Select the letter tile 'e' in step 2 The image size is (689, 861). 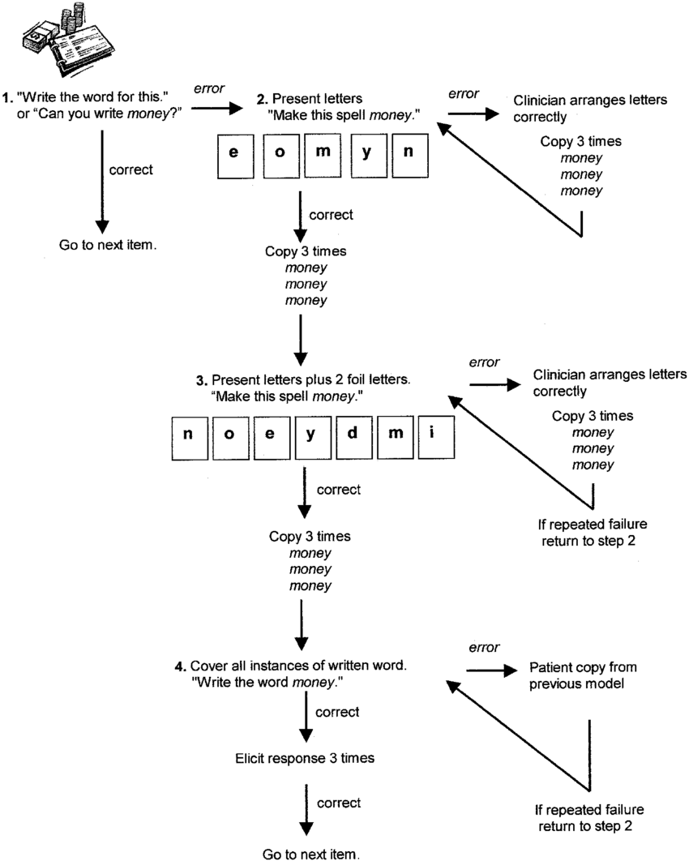click(x=233, y=155)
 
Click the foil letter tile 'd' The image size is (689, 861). click(x=352, y=433)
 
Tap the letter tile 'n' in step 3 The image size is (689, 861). click(x=188, y=433)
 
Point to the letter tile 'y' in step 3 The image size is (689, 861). click(x=311, y=433)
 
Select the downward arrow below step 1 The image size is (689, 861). click(x=102, y=179)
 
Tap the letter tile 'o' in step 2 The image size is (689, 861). click(x=278, y=155)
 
